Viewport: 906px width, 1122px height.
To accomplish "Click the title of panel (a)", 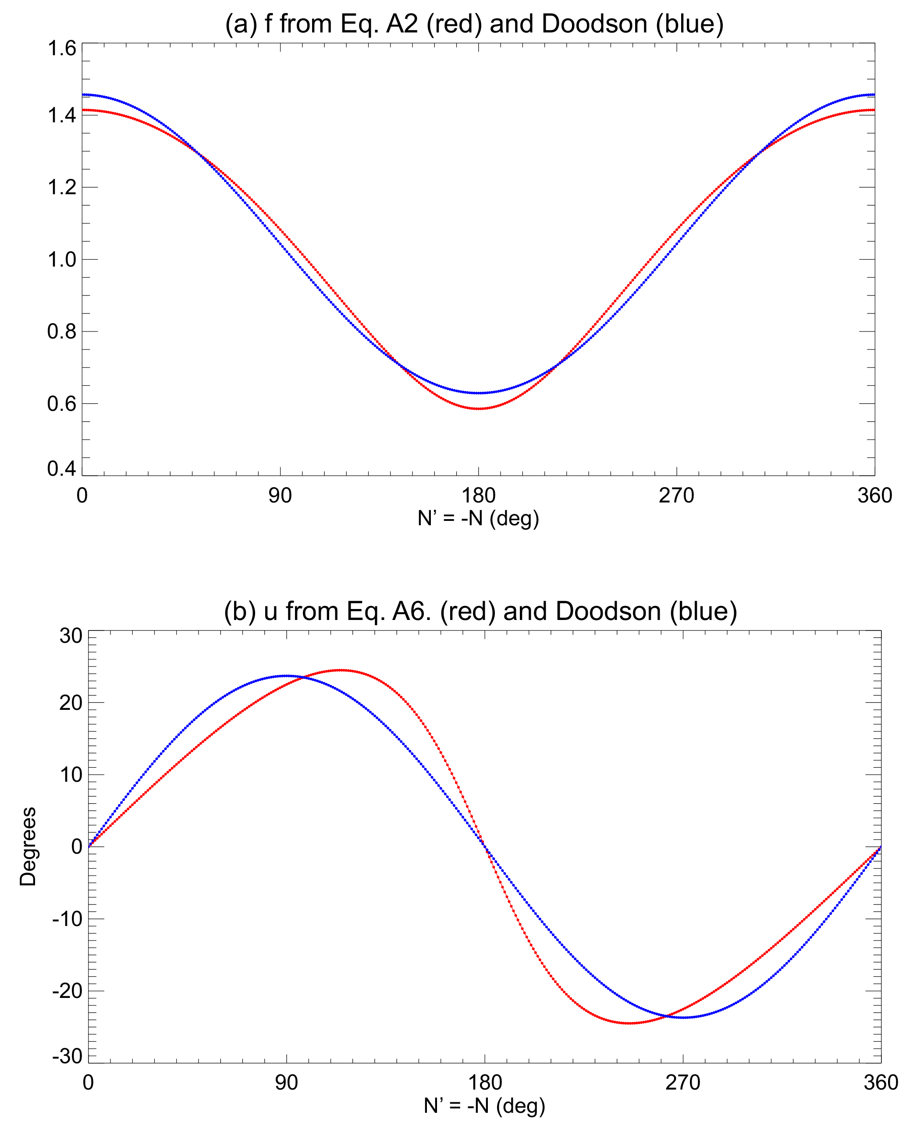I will [474, 24].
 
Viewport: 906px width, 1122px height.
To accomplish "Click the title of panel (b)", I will [480, 611].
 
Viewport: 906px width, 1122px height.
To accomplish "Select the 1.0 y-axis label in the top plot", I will [61, 260].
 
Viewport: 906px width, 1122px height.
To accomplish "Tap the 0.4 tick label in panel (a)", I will [61, 468].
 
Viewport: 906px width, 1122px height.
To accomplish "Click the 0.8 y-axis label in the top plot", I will [61, 331].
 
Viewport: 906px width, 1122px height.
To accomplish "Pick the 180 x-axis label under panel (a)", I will [479, 495].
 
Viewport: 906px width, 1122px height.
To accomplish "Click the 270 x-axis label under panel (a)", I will [676, 495].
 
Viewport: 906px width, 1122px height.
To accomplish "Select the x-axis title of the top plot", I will [478, 518].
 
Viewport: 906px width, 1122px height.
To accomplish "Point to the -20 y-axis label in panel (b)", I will [68, 990].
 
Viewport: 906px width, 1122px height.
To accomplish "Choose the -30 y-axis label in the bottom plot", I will [68, 1056].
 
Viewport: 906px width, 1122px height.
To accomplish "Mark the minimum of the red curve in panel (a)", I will [479, 409].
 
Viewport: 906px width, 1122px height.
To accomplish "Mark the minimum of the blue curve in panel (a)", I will [479, 392].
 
